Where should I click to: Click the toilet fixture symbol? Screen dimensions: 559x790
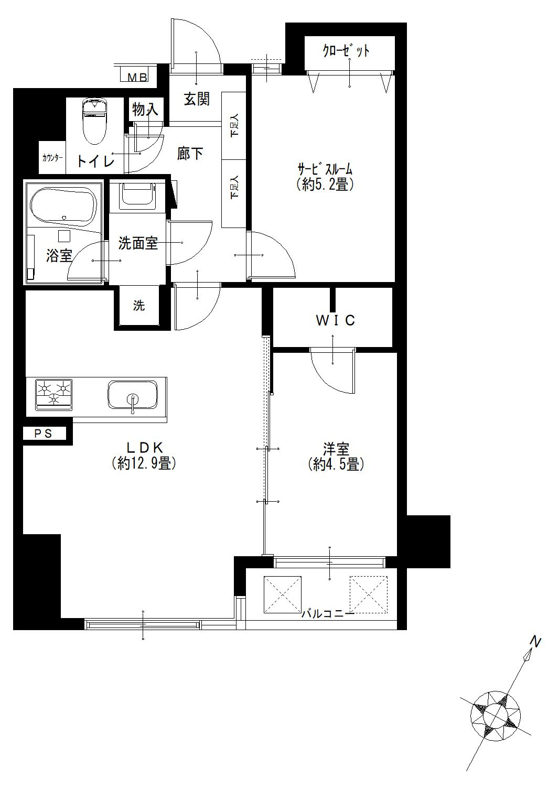point(94,121)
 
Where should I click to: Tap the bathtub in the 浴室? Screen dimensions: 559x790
point(63,205)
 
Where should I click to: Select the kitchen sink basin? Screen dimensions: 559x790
point(132,395)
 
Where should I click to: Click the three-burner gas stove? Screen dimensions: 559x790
point(53,395)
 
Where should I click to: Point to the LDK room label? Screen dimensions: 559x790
point(144,448)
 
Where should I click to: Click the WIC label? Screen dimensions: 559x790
point(335,320)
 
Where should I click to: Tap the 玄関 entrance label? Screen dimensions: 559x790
point(197,99)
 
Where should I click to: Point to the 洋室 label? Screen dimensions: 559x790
point(336,449)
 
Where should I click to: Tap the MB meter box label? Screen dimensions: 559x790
point(137,77)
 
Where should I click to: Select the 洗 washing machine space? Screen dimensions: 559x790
point(138,305)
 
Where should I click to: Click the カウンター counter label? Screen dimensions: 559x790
point(52,158)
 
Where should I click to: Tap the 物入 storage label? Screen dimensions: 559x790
point(145,110)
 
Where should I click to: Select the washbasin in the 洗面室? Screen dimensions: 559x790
point(137,196)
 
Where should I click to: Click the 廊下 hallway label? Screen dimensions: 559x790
point(190,154)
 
